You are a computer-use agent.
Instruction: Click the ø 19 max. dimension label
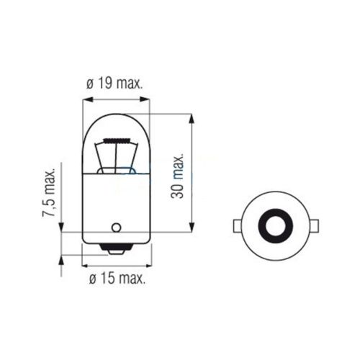(x=114, y=84)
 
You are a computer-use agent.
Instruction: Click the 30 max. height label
(x=177, y=175)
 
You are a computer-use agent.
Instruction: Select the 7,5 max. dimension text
(x=49, y=192)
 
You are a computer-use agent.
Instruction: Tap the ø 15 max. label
(x=117, y=279)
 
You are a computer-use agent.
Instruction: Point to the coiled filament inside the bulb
(x=117, y=140)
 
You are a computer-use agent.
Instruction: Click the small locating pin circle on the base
(x=116, y=228)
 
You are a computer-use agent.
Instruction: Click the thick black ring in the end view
(x=276, y=225)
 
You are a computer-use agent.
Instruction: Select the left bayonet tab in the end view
(x=238, y=225)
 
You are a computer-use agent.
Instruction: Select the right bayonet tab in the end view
(x=314, y=225)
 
